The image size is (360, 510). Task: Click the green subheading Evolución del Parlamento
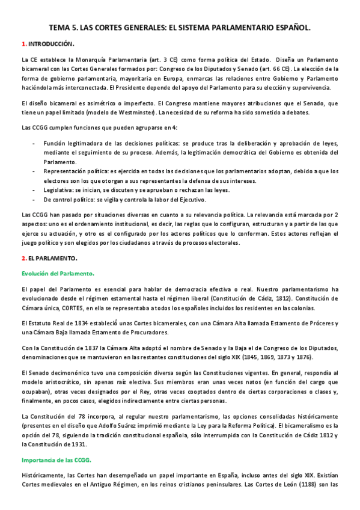58,274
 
